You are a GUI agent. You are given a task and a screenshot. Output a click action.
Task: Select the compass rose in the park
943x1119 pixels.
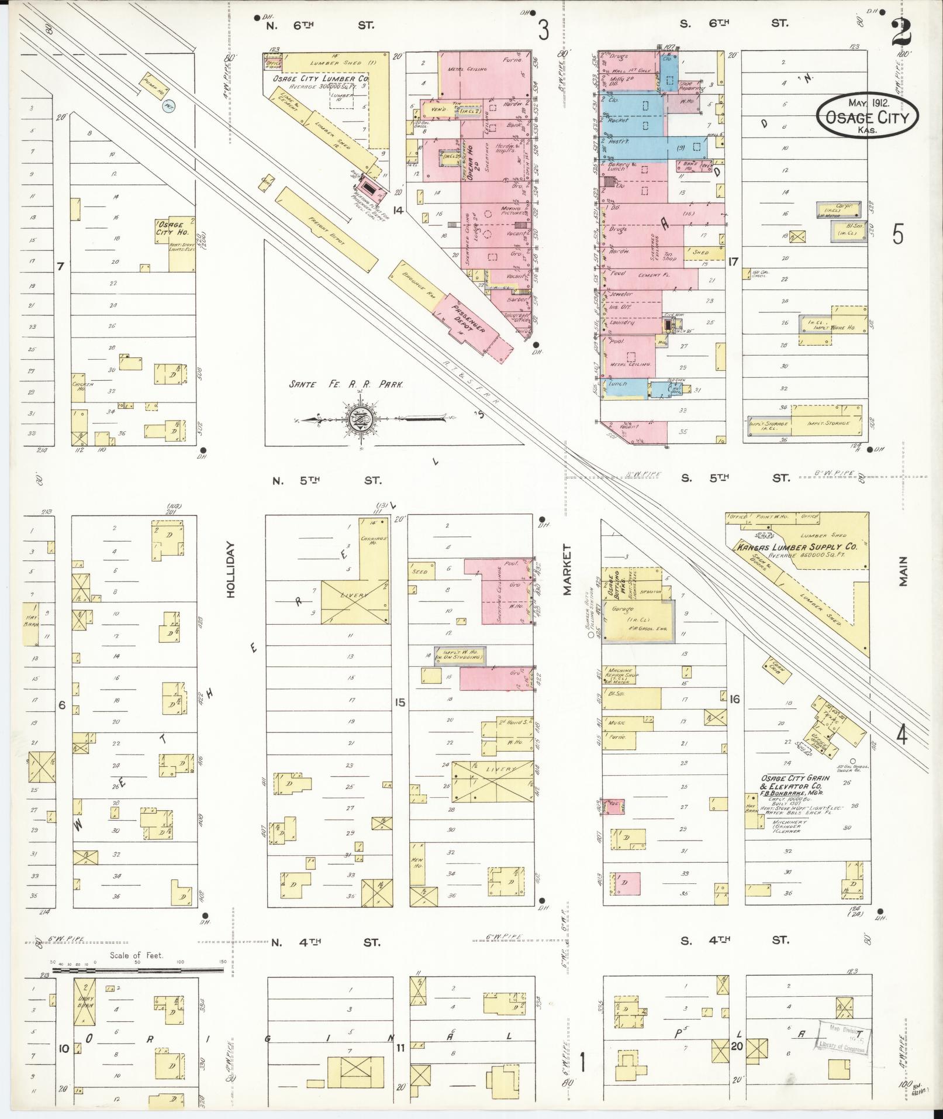[x=358, y=419]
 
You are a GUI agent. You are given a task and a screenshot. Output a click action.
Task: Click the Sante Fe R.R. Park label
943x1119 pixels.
[x=346, y=385]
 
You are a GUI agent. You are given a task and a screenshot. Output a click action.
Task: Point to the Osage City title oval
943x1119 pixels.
[x=867, y=116]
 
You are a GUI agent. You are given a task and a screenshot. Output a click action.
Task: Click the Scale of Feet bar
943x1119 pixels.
[x=138, y=970]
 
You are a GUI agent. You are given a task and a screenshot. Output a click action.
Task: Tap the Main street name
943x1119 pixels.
[x=903, y=571]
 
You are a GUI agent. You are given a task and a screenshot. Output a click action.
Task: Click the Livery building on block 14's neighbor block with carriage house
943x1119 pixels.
[x=354, y=602]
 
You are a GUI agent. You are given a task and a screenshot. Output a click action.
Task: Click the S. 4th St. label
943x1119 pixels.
[x=734, y=941]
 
